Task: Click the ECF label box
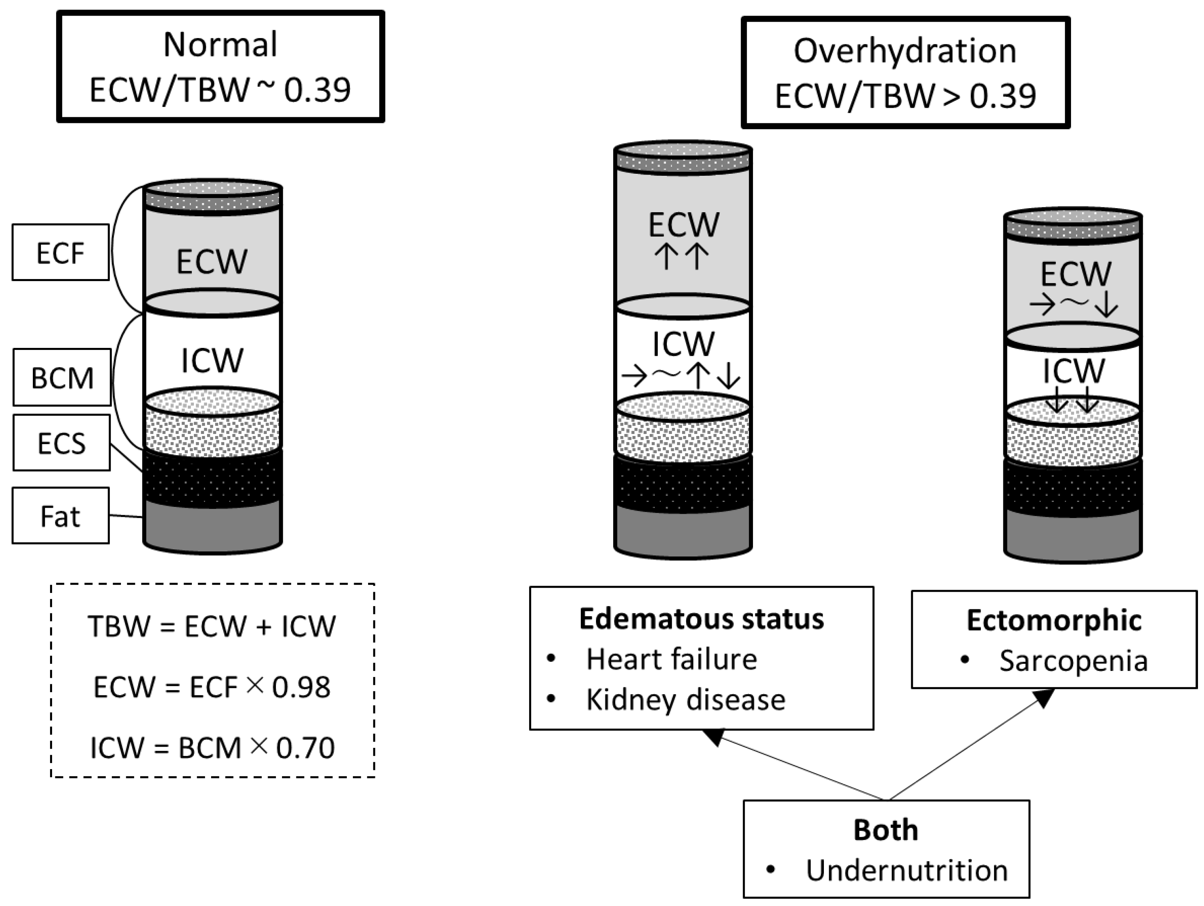coord(60,253)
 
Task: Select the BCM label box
coord(62,377)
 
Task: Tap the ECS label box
coord(62,443)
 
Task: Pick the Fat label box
coord(60,516)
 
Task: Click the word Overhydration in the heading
coord(905,51)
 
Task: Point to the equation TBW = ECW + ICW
coord(212,626)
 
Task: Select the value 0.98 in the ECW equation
coord(301,687)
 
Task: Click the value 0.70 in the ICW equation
coord(305,747)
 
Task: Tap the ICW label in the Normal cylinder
coord(212,360)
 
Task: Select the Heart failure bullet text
coord(671,659)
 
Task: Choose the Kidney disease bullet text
coord(685,700)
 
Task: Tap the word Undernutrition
coord(906,871)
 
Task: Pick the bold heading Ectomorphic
coord(1054,620)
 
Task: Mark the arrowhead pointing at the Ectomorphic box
coord(1043,698)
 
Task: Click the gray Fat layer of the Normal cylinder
coord(212,525)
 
